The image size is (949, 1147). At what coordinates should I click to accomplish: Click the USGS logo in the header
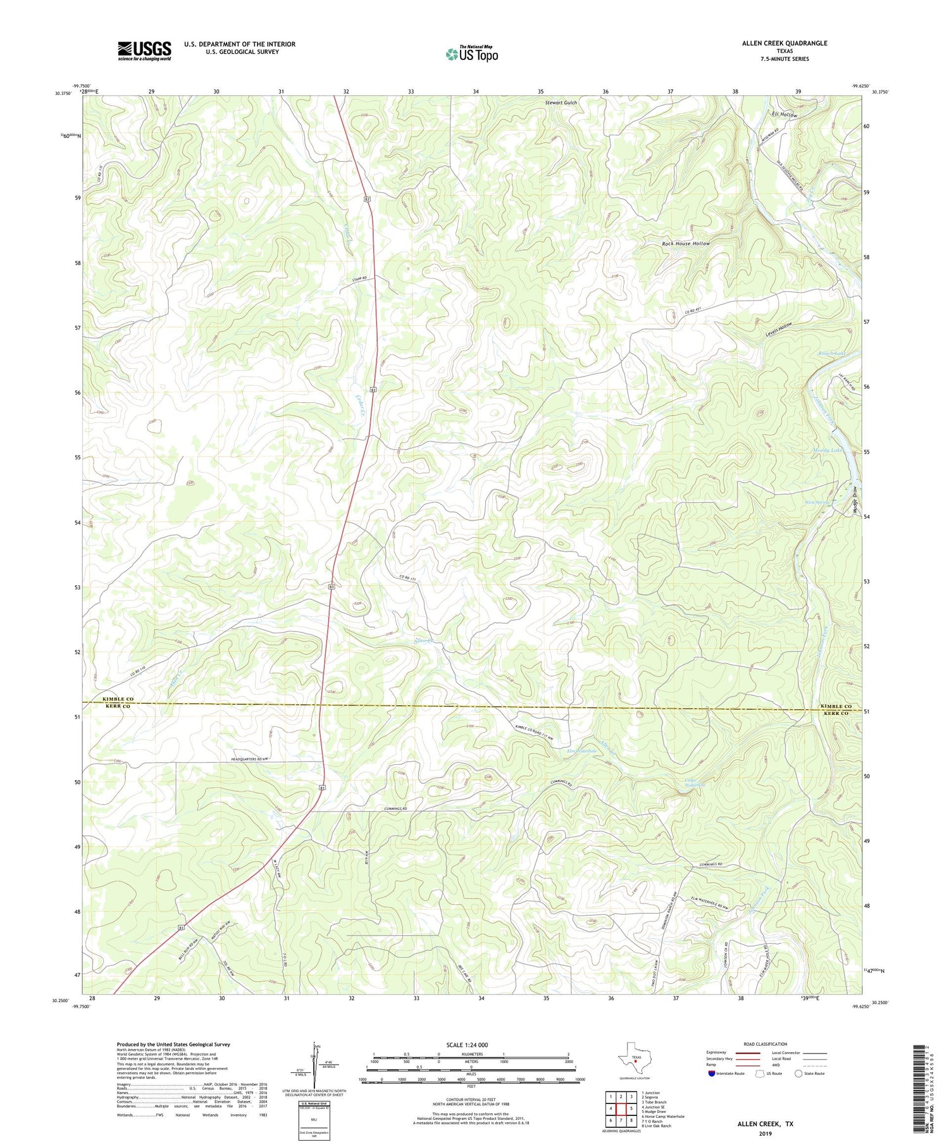144,51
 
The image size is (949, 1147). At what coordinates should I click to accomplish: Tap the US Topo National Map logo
472,54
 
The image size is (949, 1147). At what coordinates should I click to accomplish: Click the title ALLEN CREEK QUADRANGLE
785,44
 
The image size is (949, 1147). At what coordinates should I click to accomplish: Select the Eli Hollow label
785,115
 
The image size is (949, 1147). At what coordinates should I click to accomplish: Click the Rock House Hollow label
686,244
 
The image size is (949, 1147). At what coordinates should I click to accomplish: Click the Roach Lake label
831,353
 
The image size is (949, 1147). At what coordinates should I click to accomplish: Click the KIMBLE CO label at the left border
118,699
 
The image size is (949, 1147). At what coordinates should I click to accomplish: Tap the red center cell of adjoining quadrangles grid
621,1108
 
